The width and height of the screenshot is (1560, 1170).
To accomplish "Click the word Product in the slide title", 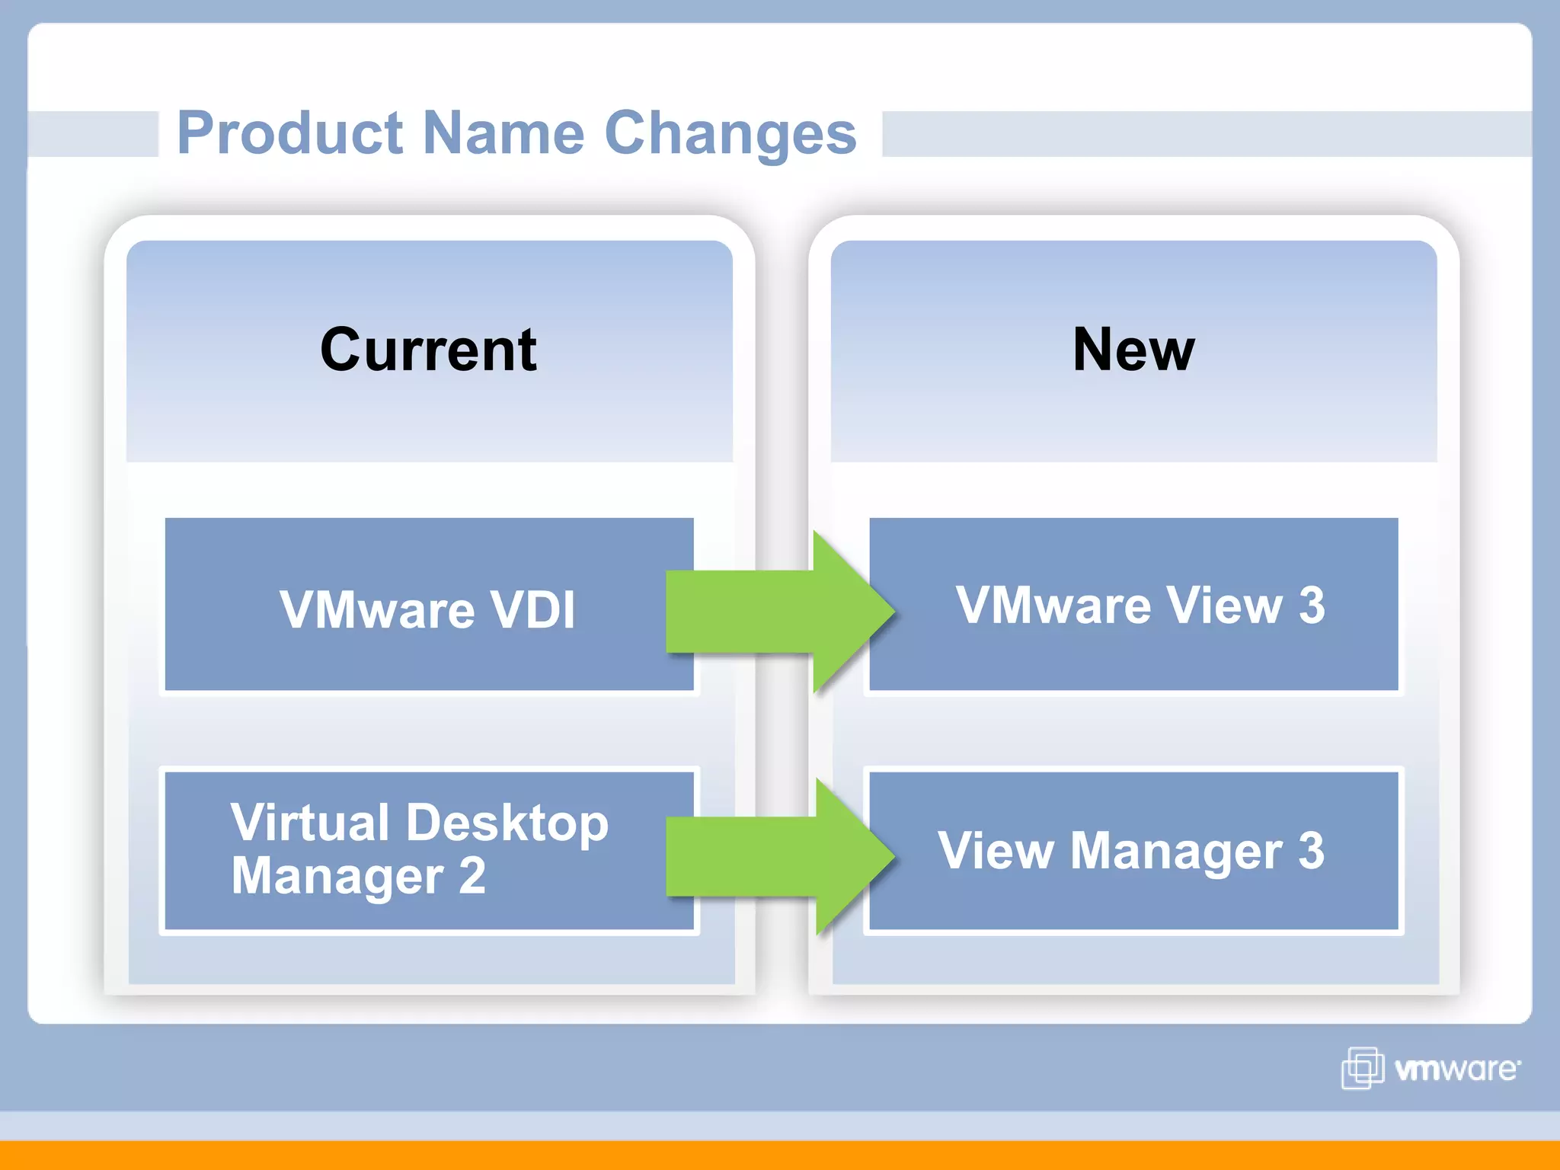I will click(289, 133).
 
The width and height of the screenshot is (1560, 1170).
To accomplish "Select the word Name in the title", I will click(503, 133).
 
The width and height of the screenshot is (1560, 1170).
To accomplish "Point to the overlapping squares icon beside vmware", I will click(1362, 1068).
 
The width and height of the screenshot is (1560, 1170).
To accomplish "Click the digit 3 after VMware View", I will click(1312, 606).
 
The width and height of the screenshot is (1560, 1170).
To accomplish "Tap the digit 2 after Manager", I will click(472, 876).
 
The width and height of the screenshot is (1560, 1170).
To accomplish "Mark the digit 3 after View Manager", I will click(1312, 851).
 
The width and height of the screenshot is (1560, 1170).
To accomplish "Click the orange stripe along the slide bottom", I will click(780, 1155).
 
